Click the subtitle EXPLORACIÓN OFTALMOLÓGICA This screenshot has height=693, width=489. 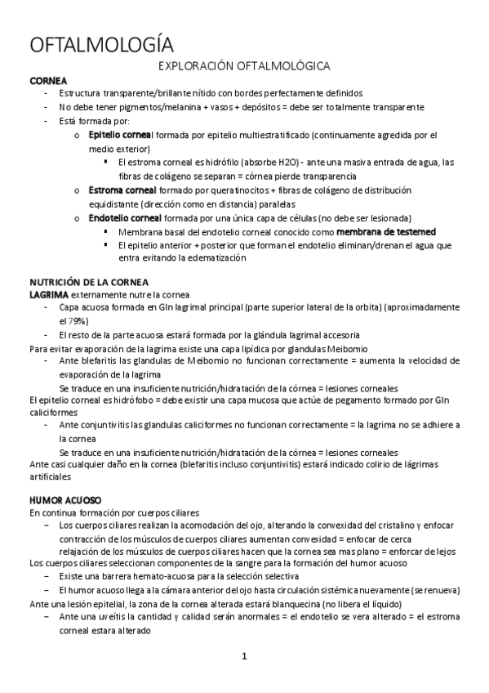[243, 65]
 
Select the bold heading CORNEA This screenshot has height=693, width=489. [48, 80]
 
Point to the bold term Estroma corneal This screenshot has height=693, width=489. [122, 190]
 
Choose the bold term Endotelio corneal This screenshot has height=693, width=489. [125, 218]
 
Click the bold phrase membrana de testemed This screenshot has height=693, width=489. [386, 231]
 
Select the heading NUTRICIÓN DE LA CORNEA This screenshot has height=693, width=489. [100, 282]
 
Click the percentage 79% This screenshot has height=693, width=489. [77, 321]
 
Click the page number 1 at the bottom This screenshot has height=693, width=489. [243, 656]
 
